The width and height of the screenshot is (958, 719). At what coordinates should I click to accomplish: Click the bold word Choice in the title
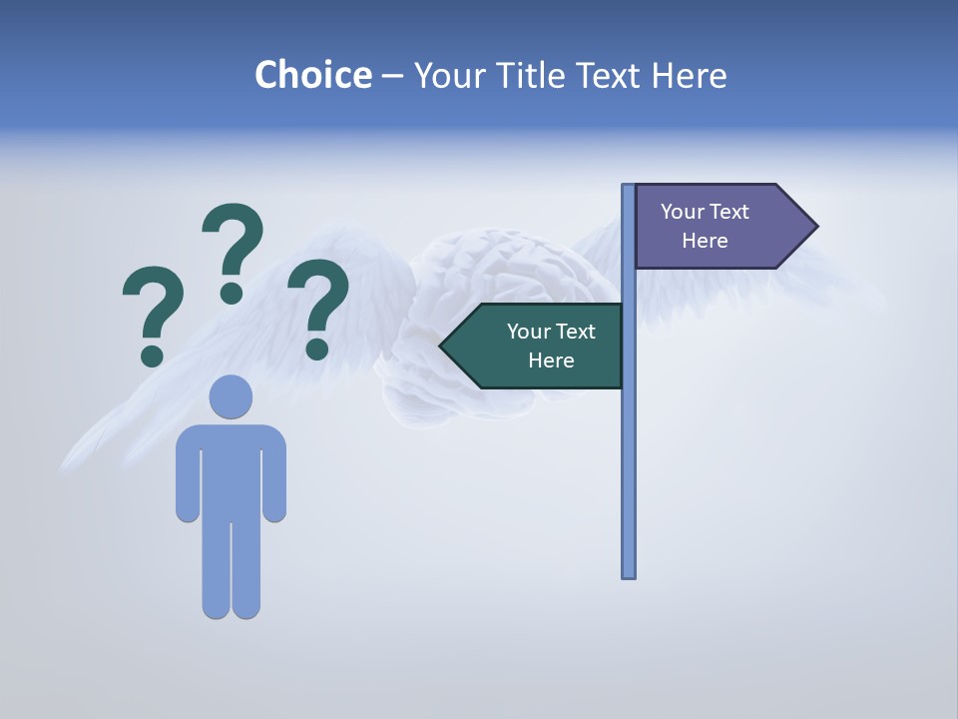312,75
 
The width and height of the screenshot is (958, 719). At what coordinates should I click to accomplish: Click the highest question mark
234,245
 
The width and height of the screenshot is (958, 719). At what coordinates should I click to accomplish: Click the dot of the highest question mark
232,293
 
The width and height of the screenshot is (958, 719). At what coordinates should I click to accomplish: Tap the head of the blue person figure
231,396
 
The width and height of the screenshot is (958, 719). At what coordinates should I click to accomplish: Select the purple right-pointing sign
714,226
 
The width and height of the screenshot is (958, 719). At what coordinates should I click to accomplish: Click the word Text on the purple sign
729,212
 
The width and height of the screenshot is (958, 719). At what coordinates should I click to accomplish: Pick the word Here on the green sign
551,360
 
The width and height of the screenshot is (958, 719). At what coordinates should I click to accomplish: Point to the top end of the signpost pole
628,188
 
